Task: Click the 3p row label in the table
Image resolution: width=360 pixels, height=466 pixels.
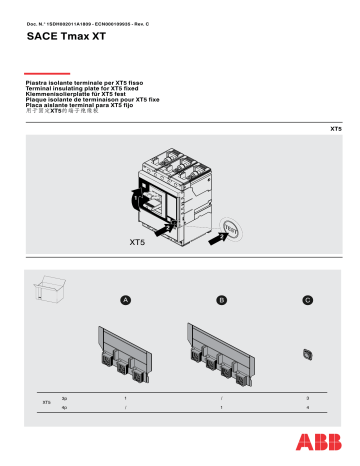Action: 65,398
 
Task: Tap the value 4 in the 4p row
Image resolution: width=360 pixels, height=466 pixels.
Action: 307,408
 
